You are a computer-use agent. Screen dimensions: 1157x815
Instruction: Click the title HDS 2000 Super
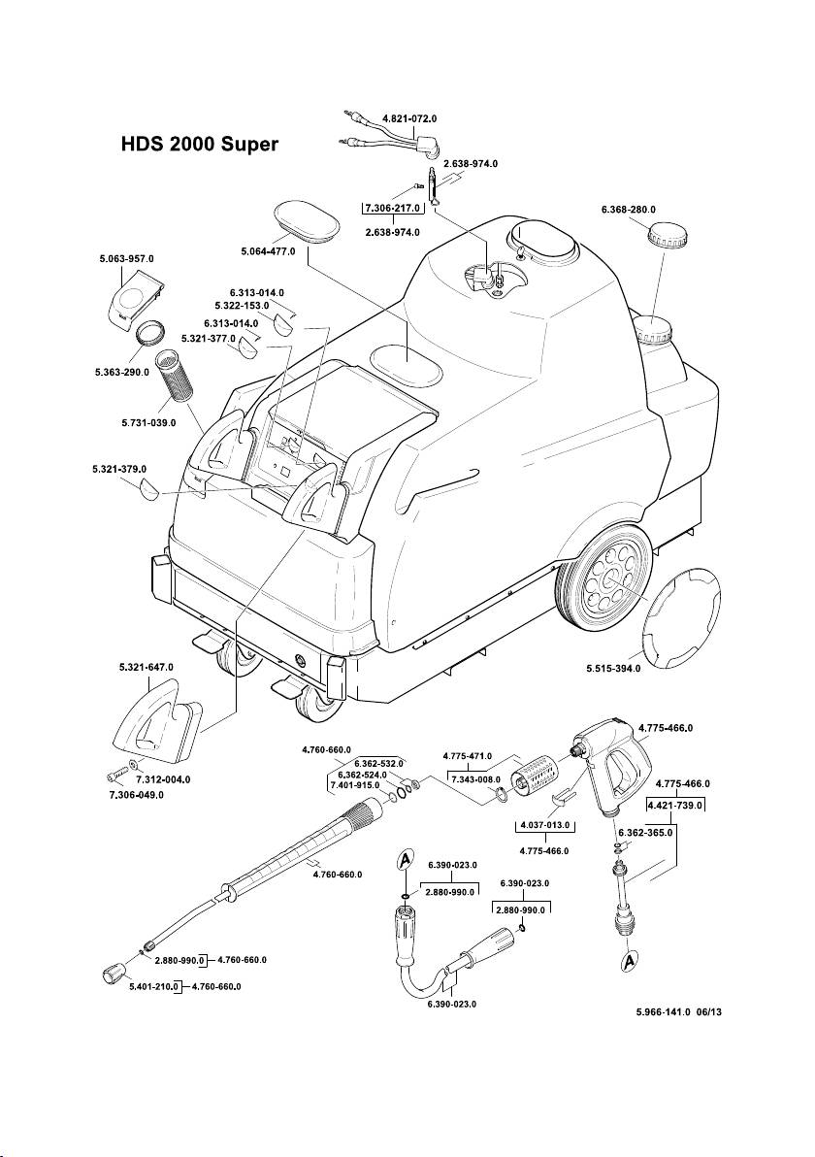pyautogui.click(x=199, y=145)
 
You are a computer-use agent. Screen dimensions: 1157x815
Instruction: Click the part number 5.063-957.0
pyautogui.click(x=126, y=259)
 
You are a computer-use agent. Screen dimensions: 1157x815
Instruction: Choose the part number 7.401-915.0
pyautogui.click(x=354, y=784)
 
